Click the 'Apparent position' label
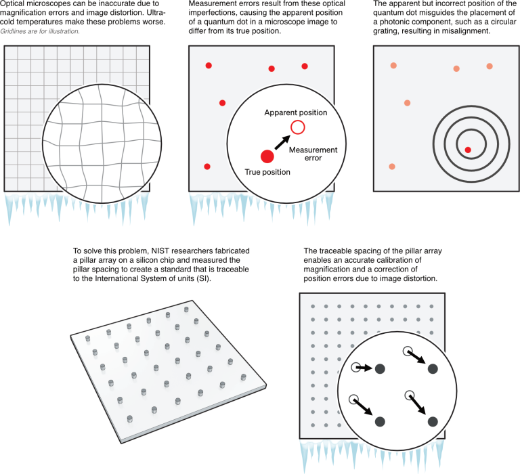pos(296,112)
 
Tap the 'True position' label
pos(267,173)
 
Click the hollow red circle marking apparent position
pos(297,127)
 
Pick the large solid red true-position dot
pos(267,156)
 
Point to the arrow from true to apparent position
pos(282,142)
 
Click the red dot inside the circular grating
pos(467,150)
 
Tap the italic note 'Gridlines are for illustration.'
pos(41,31)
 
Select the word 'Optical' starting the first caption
pos(16,4)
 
